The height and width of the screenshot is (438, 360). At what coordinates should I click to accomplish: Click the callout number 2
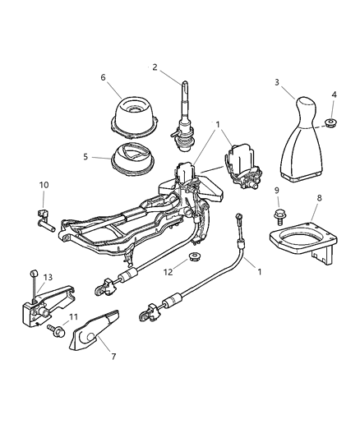155,67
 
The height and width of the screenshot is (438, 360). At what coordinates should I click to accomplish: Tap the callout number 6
104,77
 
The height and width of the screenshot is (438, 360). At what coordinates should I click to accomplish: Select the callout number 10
44,185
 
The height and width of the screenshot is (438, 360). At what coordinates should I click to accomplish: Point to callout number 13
48,278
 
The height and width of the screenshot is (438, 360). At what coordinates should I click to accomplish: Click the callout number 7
113,357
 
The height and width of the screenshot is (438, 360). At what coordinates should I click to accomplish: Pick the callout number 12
168,272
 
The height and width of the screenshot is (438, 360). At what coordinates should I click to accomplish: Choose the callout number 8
320,198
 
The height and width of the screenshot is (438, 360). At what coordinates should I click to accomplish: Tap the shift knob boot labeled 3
302,140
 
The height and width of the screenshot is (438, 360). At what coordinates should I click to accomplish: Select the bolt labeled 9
278,216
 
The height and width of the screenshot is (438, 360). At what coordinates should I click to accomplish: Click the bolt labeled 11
56,330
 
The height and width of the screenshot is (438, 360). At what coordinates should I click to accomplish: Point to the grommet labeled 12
193,256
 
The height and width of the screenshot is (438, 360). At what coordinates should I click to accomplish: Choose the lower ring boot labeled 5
133,159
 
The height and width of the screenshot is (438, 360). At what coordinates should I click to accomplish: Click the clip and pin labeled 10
44,220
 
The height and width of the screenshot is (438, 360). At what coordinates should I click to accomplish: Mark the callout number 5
85,157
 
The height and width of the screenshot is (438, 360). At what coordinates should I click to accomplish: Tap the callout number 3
277,82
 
